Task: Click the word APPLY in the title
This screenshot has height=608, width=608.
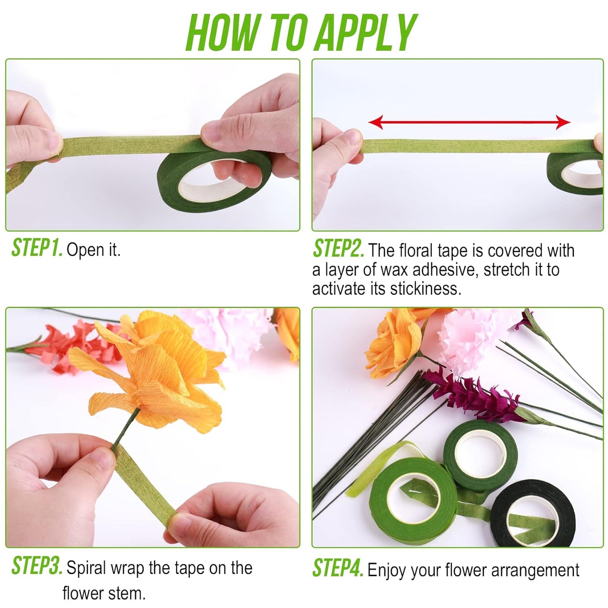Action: [365, 33]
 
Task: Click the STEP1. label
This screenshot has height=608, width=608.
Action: [37, 248]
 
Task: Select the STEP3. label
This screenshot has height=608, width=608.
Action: [37, 566]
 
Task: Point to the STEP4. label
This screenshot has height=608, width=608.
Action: [338, 569]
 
